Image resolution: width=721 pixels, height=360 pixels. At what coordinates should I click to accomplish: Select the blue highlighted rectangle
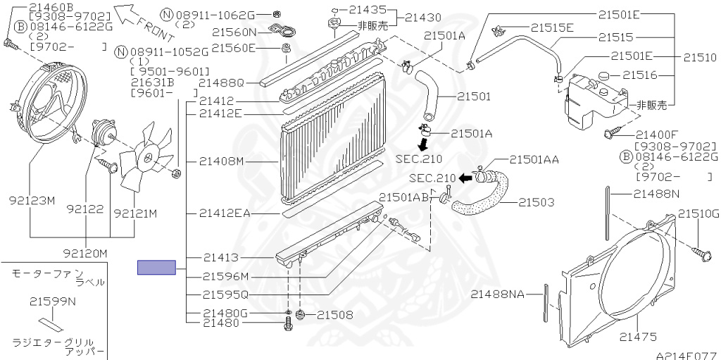coord(156,267)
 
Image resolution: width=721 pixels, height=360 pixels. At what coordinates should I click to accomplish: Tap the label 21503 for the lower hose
coord(537,202)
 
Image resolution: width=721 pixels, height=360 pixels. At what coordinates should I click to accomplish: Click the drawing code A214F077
coord(686,355)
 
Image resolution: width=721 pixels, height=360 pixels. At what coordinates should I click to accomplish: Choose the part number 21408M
coord(220,161)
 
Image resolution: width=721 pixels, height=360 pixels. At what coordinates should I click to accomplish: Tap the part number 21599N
coord(52,302)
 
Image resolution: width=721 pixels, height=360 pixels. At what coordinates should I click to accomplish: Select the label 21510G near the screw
coord(698,213)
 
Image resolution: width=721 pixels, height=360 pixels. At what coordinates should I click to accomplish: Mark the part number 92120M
coord(84,252)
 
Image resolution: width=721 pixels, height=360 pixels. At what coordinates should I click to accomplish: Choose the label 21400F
coord(656,135)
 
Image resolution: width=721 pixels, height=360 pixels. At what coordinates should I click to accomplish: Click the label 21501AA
coord(534,160)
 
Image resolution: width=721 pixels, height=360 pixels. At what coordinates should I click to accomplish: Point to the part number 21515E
coord(552,27)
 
